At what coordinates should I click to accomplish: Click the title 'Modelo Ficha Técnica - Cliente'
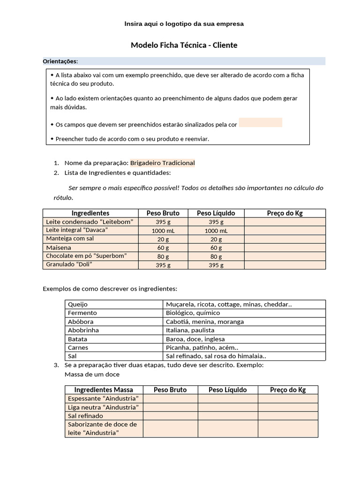pos(184,45)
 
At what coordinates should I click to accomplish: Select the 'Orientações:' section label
pos(60,61)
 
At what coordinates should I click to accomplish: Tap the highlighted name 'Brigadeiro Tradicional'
pos(162,163)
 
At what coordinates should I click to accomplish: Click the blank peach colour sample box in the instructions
pos(260,123)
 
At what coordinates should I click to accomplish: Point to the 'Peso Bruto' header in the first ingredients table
pos(163,213)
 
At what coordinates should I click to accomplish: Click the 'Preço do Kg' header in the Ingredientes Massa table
pos(288,390)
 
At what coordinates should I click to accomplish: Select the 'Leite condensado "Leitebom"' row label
pos(90,222)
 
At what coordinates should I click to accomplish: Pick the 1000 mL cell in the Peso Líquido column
pos(216,231)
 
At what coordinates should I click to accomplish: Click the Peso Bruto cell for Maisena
pos(163,247)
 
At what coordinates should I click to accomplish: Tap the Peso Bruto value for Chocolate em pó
pos(163,256)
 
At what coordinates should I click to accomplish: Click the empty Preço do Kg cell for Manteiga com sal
pos(285,239)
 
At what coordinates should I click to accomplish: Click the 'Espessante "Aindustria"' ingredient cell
pos(104,398)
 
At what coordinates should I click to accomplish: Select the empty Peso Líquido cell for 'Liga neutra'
pos(227,407)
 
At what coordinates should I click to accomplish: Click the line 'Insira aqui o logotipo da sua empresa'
pos(184,23)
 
